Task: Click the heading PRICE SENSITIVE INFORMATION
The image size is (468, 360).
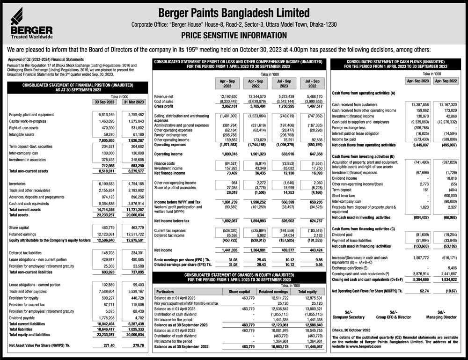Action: click(x=234, y=35)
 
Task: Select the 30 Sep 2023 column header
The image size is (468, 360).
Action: click(x=104, y=102)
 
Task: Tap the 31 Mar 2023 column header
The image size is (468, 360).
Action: click(x=133, y=102)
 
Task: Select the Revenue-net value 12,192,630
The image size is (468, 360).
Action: click(x=228, y=96)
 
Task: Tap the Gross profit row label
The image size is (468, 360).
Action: click(x=164, y=106)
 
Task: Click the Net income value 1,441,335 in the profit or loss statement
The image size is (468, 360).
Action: click(x=228, y=250)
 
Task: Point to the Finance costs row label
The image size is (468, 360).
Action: click(x=165, y=163)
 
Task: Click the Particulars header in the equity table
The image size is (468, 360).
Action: click(x=167, y=291)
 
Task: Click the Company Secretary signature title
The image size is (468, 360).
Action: click(x=348, y=317)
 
